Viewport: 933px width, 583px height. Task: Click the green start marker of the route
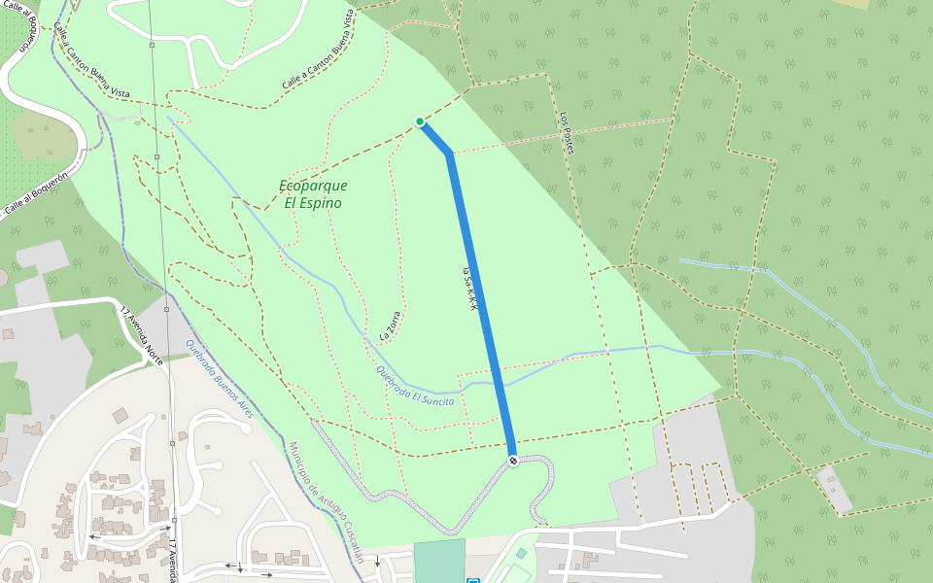click(420, 121)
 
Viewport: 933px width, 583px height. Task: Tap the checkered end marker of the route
click(513, 460)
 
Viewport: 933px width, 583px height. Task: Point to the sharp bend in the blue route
click(448, 153)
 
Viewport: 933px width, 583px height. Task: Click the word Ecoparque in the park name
click(313, 186)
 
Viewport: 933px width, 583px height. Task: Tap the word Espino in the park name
click(313, 203)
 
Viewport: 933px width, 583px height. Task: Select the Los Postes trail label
click(567, 132)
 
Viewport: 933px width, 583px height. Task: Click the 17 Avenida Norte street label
click(141, 335)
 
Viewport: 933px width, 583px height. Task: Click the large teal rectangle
click(439, 562)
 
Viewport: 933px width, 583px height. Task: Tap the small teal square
click(521, 553)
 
